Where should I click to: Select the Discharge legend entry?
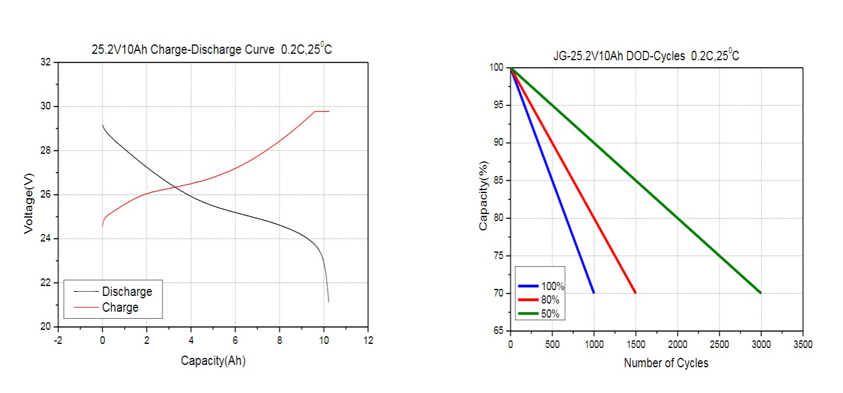(x=127, y=291)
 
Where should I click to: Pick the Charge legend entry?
(x=120, y=307)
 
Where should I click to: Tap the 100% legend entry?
(x=552, y=287)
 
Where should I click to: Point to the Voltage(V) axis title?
(x=29, y=194)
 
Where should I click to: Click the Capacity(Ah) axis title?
(x=213, y=361)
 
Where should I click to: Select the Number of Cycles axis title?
(x=666, y=363)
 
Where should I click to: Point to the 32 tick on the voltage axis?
(x=45, y=62)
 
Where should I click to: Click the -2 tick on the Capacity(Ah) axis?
(x=58, y=340)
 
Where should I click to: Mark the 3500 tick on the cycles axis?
(x=803, y=345)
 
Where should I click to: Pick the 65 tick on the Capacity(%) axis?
(x=497, y=331)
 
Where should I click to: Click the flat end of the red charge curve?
(x=323, y=111)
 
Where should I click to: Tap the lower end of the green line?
(x=760, y=292)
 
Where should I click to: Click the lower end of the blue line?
(x=593, y=292)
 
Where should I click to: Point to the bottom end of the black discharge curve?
(x=329, y=301)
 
